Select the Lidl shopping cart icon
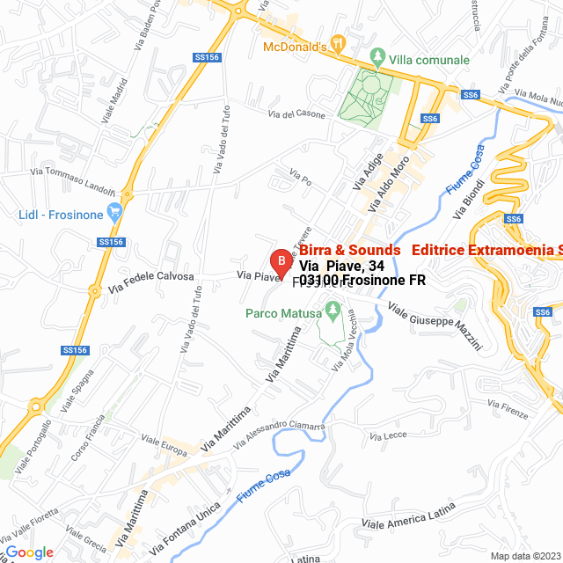tap(113, 212)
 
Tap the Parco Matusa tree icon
tap(333, 310)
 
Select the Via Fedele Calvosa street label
tap(150, 281)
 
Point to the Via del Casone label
tap(296, 114)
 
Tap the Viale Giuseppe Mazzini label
tap(435, 326)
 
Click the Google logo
tap(29, 552)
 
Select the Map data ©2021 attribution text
tap(525, 556)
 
